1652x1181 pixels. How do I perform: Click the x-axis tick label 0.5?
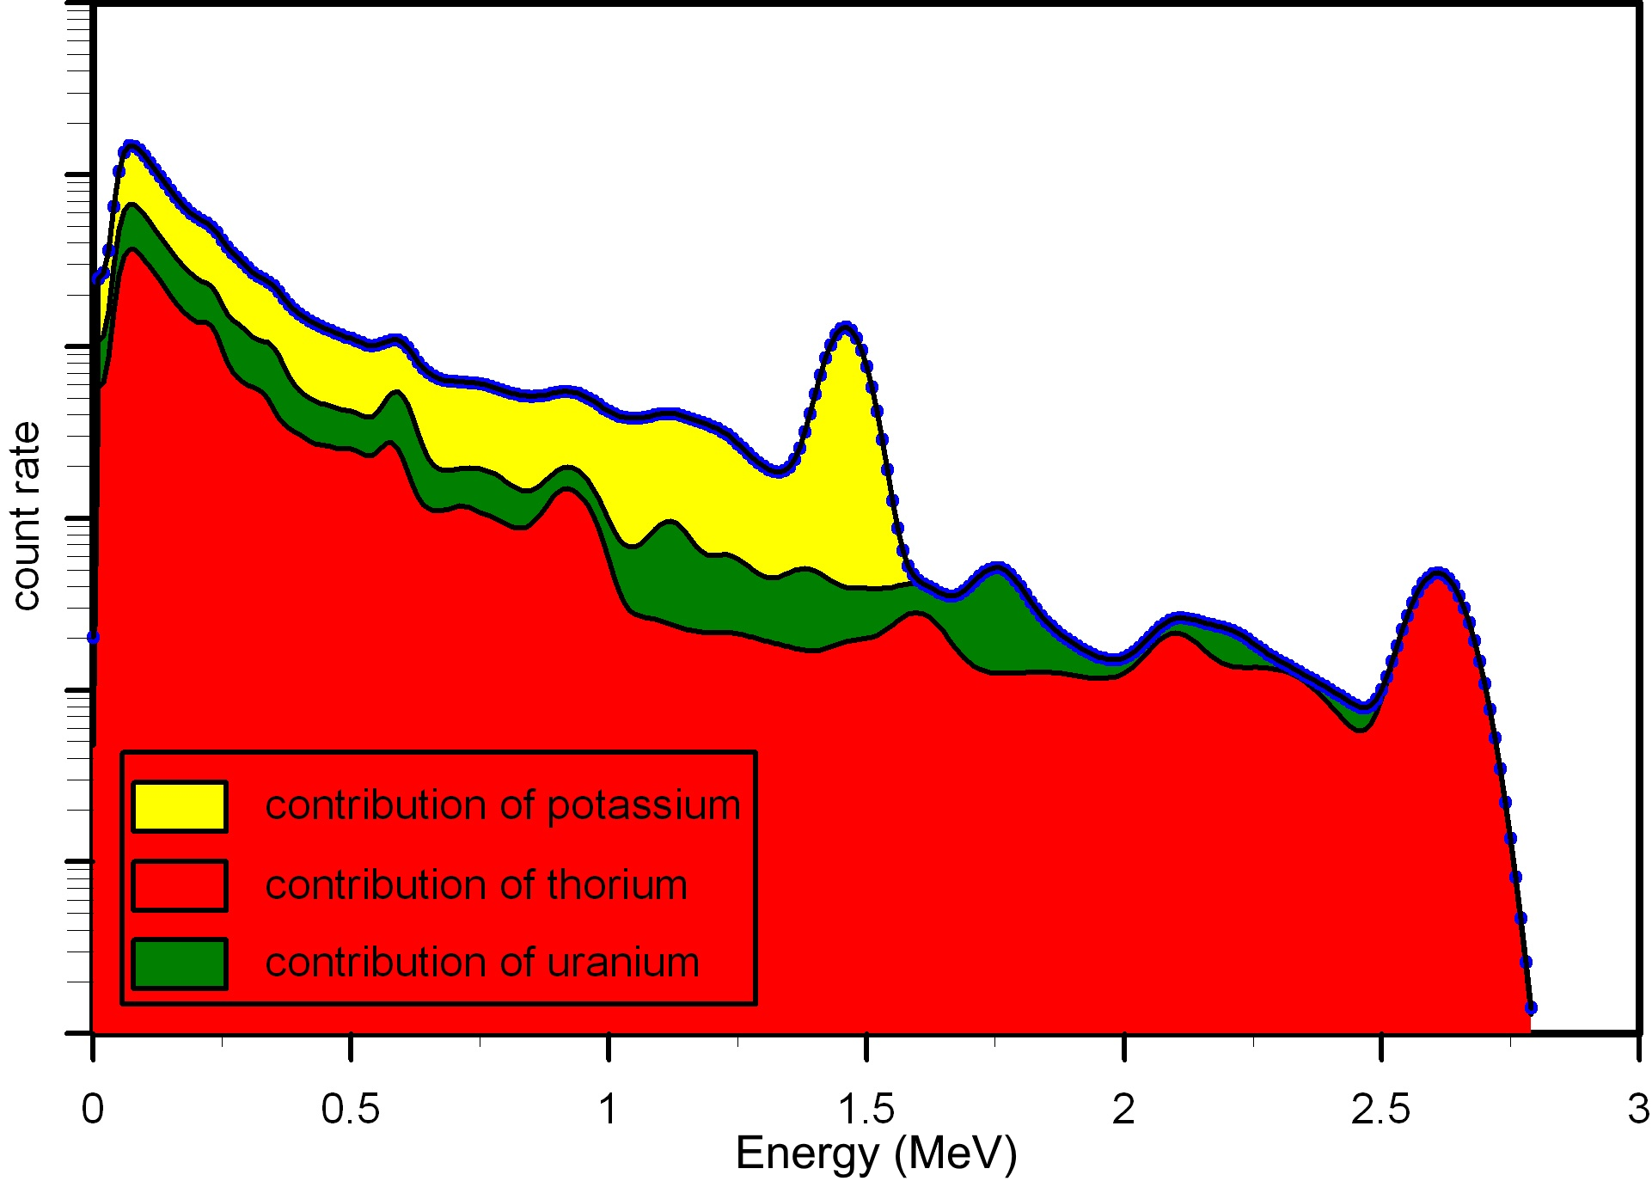coord(350,1110)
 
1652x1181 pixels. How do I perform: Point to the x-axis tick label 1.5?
coord(866,1110)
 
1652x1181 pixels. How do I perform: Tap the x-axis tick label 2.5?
coord(1380,1110)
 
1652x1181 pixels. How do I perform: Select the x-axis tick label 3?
coord(1638,1110)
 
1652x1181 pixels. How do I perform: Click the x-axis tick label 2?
coord(1123,1110)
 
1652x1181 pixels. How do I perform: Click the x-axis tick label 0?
coord(93,1110)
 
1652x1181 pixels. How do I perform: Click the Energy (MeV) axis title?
coord(876,1153)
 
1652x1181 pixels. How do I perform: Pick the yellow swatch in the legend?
coord(180,806)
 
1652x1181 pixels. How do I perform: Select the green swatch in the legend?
coord(180,964)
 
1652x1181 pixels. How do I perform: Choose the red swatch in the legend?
coord(180,885)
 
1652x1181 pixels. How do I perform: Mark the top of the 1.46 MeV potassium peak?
coord(846,326)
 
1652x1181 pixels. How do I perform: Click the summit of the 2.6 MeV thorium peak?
coord(1437,572)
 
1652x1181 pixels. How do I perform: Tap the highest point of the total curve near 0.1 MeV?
coord(131,144)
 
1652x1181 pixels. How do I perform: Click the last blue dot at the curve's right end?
coord(1530,1007)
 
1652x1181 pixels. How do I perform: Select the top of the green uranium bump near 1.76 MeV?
coord(997,567)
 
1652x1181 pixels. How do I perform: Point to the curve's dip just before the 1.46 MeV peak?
coord(778,471)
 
